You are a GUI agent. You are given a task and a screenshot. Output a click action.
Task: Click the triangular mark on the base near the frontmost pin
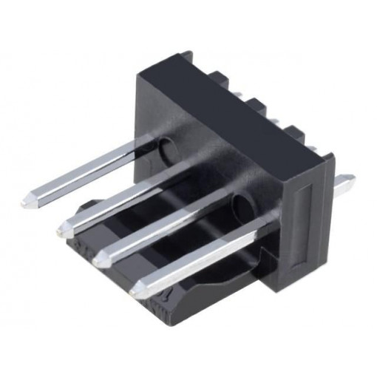(168, 299)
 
